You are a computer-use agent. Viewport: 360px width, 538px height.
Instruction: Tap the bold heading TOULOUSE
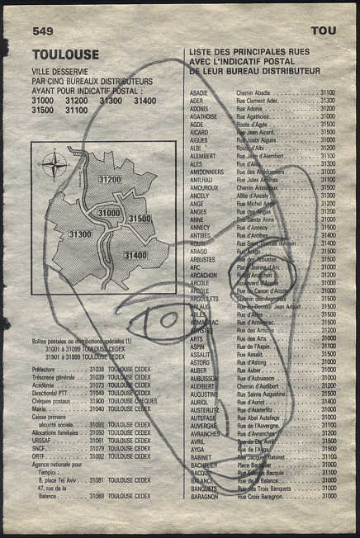coord(65,54)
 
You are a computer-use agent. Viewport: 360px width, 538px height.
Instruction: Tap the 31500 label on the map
coord(140,219)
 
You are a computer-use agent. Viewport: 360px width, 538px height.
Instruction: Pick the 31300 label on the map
coord(80,235)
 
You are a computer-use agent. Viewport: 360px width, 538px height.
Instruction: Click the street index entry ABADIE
coord(199,93)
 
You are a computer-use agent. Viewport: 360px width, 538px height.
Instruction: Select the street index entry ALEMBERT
coord(203,156)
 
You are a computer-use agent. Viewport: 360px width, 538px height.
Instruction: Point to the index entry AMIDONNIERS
coord(208,172)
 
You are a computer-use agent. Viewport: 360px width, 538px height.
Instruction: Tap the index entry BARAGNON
coord(204,496)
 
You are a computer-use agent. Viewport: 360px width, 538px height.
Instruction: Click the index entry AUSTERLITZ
coord(205,409)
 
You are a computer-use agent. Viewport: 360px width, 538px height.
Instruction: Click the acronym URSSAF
coord(41,440)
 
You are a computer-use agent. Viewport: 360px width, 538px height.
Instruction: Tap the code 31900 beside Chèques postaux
coord(97,400)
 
